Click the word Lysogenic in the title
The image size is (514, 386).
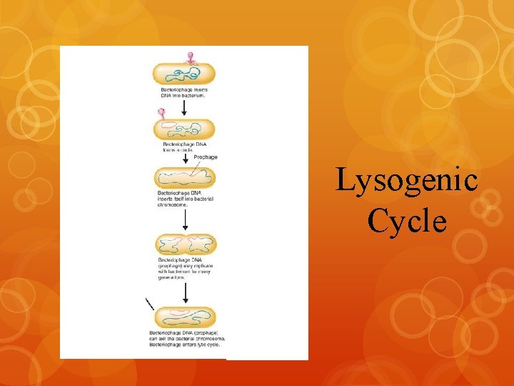tap(407, 180)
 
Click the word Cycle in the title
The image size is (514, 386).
tap(408, 221)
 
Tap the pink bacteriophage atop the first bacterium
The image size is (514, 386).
tap(190, 57)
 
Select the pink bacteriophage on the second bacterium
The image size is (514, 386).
tap(162, 113)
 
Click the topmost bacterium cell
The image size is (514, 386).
tap(184, 73)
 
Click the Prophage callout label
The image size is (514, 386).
tap(206, 157)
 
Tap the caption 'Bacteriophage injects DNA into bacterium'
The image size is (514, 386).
tap(183, 91)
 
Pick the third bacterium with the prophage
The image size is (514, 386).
tap(184, 178)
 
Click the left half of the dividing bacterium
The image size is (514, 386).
tap(170, 244)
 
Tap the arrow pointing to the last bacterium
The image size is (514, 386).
tap(184, 292)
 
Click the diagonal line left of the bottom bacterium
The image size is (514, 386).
tap(150, 303)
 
